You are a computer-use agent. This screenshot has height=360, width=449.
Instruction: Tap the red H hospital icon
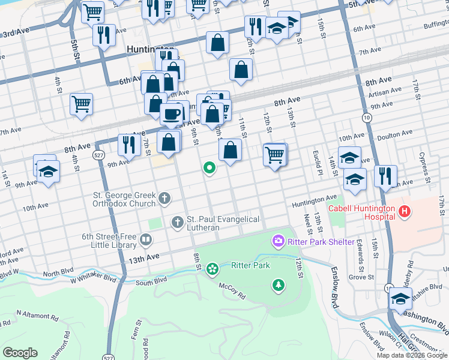click(x=405, y=211)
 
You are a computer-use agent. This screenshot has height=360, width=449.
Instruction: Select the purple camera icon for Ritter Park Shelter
click(x=278, y=241)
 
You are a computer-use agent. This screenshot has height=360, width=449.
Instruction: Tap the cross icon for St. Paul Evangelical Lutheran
click(x=177, y=223)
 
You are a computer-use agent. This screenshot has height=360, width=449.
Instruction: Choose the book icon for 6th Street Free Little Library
click(x=146, y=241)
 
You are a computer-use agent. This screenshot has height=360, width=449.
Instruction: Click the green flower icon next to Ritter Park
click(x=212, y=268)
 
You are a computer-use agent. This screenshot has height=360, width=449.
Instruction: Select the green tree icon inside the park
click(x=279, y=286)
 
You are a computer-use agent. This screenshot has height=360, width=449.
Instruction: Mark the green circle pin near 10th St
click(x=209, y=168)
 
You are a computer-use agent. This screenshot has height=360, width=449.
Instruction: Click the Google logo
click(x=20, y=353)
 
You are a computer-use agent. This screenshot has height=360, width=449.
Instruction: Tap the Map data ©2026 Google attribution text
click(x=411, y=355)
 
